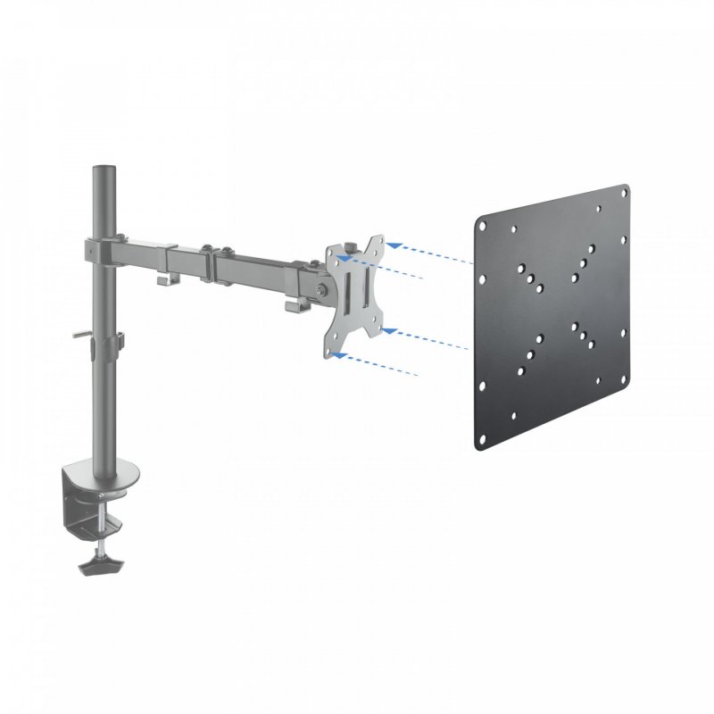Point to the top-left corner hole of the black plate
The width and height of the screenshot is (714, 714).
pos(483,219)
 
